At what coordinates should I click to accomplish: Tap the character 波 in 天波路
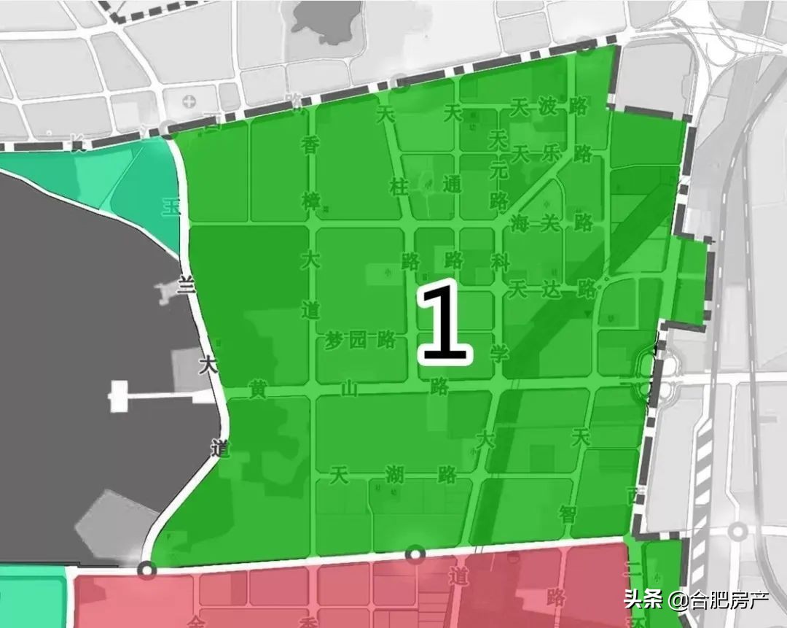(548, 106)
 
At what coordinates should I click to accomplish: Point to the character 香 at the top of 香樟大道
(311, 144)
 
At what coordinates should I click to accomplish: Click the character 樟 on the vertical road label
(311, 201)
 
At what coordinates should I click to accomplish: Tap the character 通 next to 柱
(452, 185)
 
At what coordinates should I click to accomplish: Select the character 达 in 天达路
(552, 289)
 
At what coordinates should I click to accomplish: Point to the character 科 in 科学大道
(500, 261)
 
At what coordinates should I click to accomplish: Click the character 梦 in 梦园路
(334, 340)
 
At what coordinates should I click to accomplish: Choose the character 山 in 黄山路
(350, 389)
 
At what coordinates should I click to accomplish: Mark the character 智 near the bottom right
(568, 513)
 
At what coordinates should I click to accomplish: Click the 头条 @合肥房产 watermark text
(695, 601)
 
